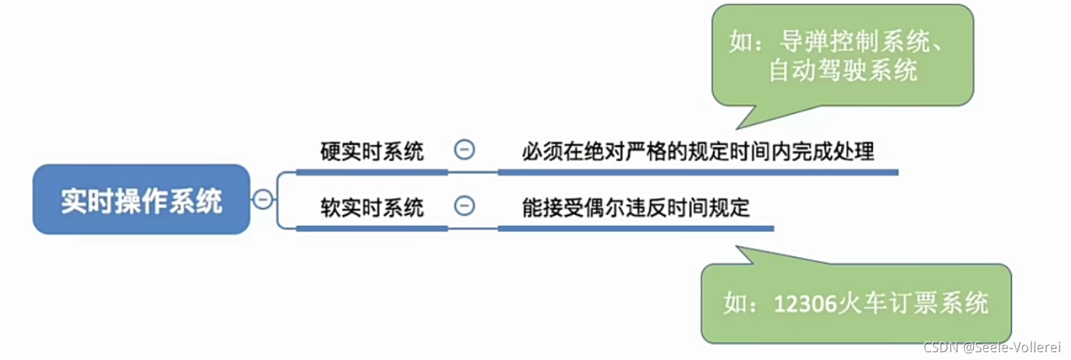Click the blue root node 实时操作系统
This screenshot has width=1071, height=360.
141,200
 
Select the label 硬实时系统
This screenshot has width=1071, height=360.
371,151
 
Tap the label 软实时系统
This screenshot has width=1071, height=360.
371,207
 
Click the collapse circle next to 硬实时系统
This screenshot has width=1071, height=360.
464,150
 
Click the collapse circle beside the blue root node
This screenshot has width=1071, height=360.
262,199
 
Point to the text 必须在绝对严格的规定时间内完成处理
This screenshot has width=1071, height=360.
697,151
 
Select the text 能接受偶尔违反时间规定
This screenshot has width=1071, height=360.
635,207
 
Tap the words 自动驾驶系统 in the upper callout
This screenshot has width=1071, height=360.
843,71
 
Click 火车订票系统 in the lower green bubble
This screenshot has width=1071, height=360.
913,303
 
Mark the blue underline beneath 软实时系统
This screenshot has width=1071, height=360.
371,228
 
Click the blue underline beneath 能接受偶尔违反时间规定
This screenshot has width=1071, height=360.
635,228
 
